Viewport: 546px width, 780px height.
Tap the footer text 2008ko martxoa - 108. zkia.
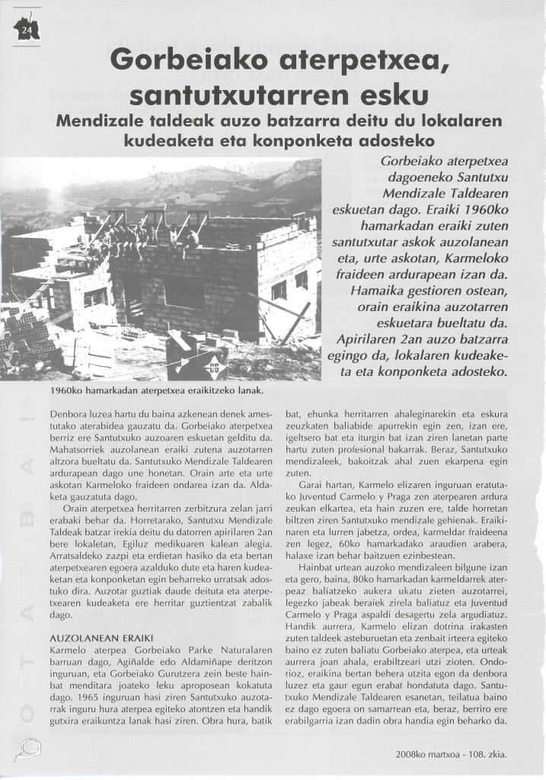pyautogui.click(x=450, y=755)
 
